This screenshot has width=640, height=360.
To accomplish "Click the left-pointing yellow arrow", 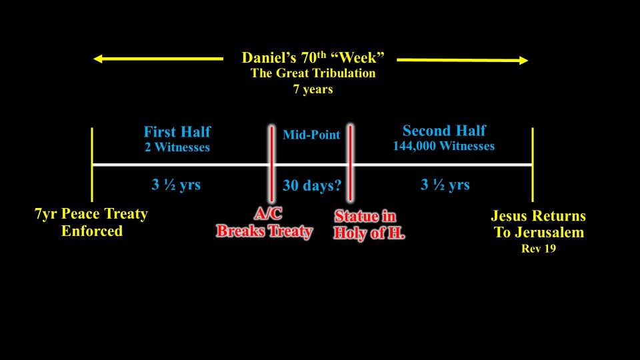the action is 159,59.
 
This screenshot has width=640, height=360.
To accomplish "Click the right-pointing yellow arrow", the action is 462,60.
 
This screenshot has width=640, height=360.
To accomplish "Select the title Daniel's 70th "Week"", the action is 313,57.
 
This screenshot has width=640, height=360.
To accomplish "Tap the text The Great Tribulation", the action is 313,73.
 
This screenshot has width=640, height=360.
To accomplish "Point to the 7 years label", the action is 313,89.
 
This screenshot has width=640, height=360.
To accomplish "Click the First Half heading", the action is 177,131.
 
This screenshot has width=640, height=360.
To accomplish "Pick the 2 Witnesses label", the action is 177,147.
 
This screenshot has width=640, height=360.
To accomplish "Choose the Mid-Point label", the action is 311,135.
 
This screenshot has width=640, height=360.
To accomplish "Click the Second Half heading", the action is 444,131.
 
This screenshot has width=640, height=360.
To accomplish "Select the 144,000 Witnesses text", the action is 444,146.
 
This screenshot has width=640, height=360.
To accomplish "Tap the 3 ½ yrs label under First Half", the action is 176,185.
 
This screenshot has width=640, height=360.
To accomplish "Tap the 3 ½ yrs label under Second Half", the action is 445,185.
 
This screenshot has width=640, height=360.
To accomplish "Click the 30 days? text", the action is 312,185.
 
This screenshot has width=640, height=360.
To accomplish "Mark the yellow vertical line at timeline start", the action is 92,165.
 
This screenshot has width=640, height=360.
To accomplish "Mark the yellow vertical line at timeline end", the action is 533,165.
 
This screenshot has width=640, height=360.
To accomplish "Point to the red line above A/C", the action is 271,164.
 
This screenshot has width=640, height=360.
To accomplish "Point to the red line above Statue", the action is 350,163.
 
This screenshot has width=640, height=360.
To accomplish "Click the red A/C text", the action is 268,213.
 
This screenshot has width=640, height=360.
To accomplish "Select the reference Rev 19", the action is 539,249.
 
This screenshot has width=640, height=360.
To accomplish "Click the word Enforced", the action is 92,231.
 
